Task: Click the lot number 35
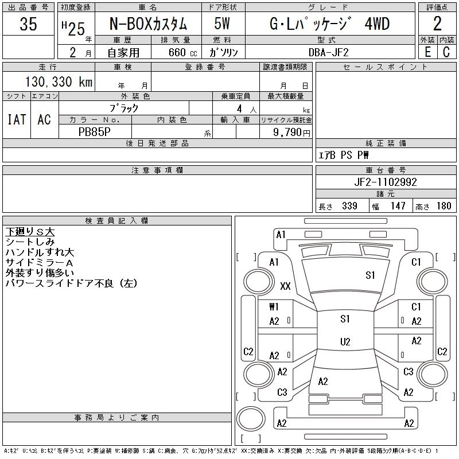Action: [x=28, y=24]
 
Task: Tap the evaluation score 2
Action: [x=437, y=24]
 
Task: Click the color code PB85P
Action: [x=95, y=131]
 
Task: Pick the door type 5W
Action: [x=222, y=25]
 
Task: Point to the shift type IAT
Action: [x=16, y=119]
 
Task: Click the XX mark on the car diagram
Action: [x=285, y=286]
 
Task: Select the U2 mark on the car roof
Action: [x=345, y=342]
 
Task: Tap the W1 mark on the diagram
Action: [x=274, y=307]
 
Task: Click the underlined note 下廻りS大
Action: [x=30, y=232]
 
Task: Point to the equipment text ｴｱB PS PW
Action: [x=344, y=155]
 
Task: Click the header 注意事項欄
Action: [x=157, y=170]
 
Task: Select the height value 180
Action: [x=444, y=206]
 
